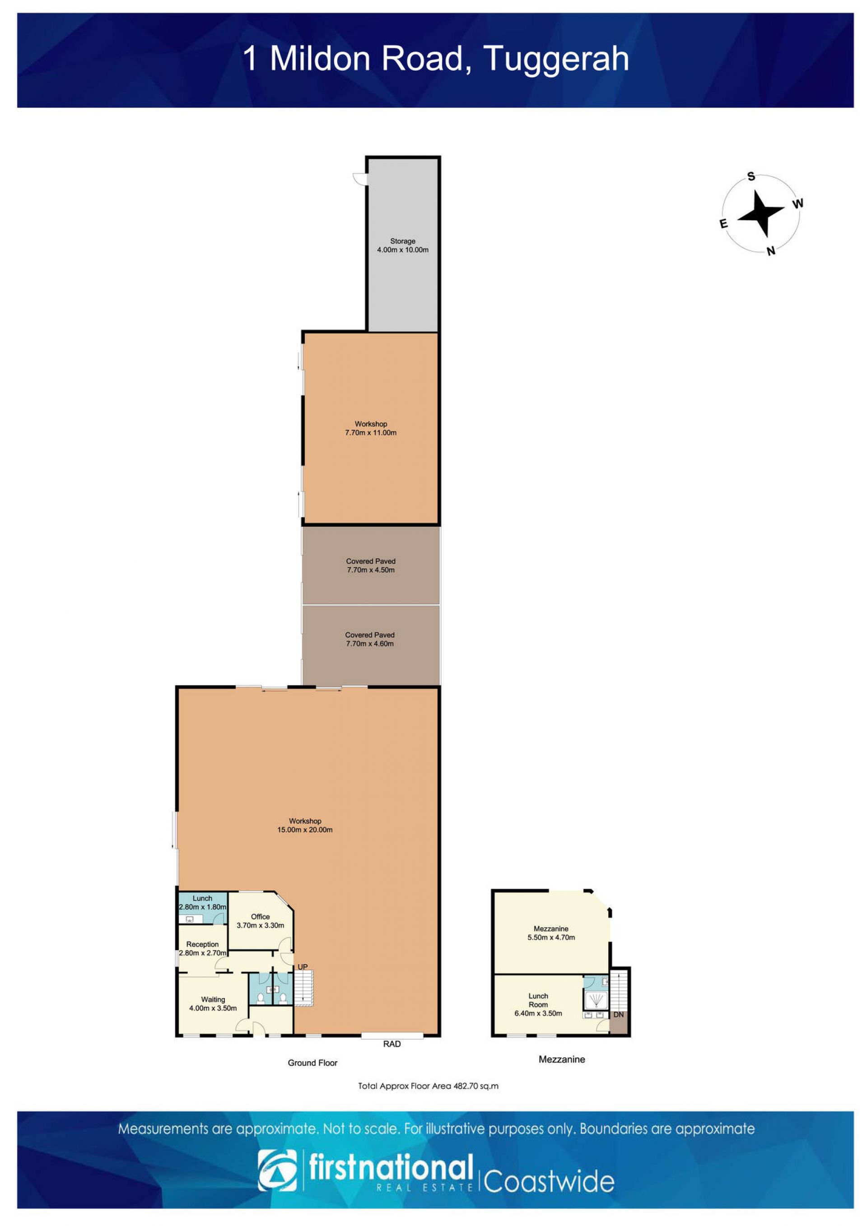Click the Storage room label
click(x=402, y=245)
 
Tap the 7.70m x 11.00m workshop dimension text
click(x=371, y=432)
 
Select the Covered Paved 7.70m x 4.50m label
click(x=371, y=566)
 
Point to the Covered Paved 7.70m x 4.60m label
click(x=370, y=639)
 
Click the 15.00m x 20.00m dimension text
click(x=305, y=830)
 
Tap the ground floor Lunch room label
click(x=202, y=903)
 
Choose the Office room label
click(x=260, y=921)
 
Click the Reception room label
click(x=202, y=948)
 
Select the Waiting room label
click(x=213, y=1004)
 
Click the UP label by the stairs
click(x=303, y=967)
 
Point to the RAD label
click(x=392, y=1044)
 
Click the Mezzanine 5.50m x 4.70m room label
click(x=551, y=933)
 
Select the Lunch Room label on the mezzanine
click(x=538, y=1004)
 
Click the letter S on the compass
click(x=751, y=176)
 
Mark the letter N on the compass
click(x=770, y=251)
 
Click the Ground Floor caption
click(x=312, y=1063)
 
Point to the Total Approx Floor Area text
click(x=428, y=1086)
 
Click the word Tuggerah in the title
click(x=555, y=59)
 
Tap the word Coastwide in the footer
click(x=549, y=1182)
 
